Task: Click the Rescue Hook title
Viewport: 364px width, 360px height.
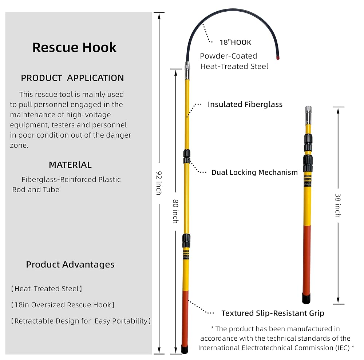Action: point(74,47)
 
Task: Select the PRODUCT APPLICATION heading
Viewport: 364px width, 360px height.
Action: point(72,78)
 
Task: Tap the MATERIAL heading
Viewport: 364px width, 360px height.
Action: point(70,165)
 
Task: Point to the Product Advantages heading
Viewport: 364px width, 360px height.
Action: point(70,265)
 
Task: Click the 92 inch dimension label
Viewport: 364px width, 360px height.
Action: point(159,183)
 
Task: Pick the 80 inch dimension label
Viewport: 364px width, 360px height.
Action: point(176,211)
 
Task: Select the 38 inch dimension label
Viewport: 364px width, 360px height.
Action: point(338,205)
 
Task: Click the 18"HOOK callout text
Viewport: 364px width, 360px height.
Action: point(236,42)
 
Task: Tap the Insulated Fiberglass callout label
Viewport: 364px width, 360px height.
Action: point(245,104)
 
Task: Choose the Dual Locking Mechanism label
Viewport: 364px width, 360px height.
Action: point(255,173)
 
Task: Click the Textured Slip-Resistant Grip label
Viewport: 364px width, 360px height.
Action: point(273,313)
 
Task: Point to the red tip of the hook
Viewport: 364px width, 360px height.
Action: point(278,58)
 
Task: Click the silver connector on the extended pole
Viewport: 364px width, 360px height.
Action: point(187,71)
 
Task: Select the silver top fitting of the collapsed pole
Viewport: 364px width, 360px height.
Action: point(308,115)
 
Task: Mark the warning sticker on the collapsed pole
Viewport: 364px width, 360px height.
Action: point(307,181)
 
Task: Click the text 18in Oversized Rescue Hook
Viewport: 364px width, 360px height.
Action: point(63,305)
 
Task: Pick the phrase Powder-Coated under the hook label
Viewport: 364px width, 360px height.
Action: point(229,56)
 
